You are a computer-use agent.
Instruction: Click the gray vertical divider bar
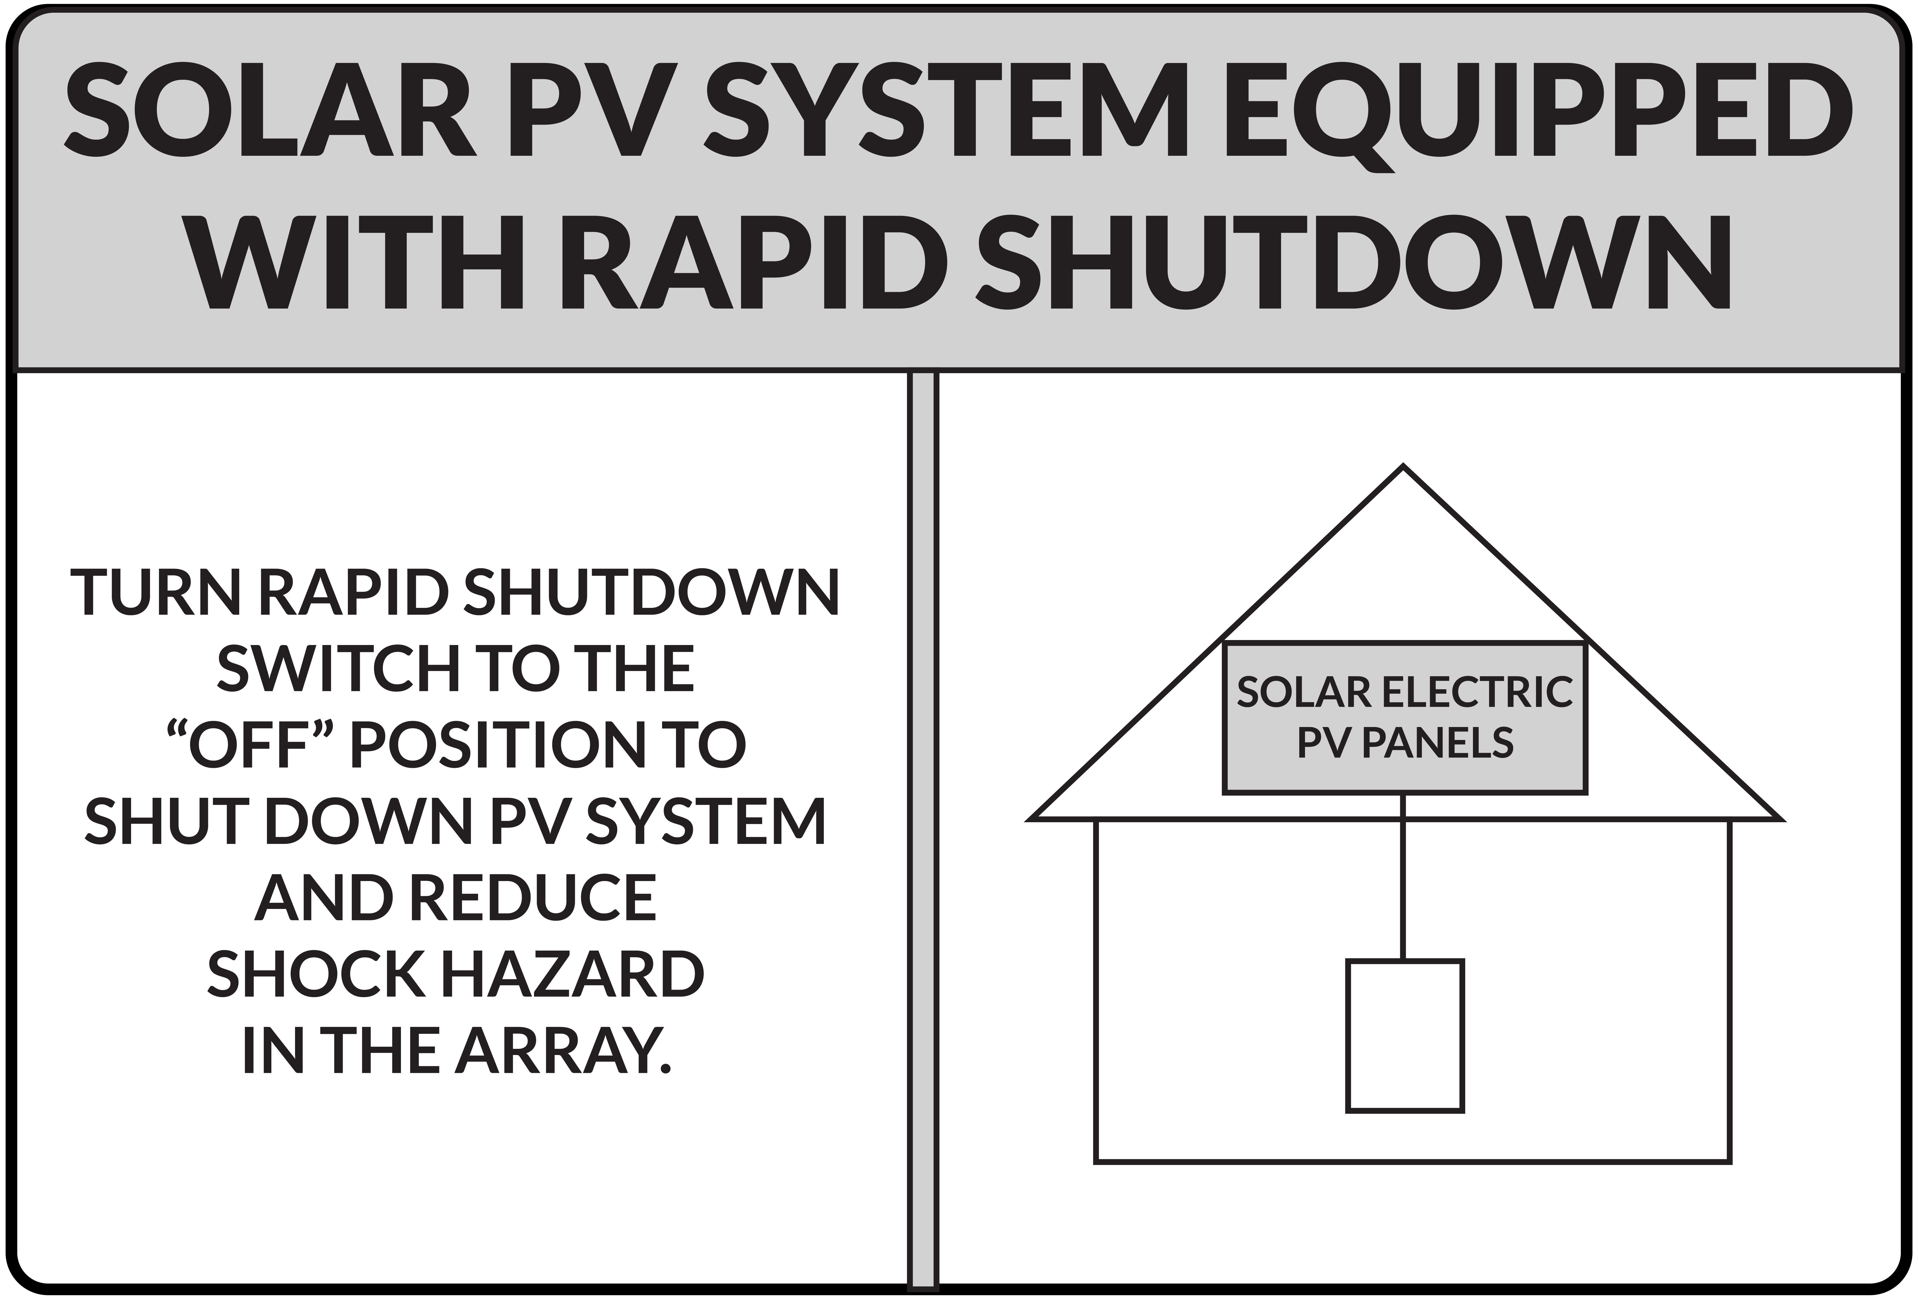pyautogui.click(x=923, y=825)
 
